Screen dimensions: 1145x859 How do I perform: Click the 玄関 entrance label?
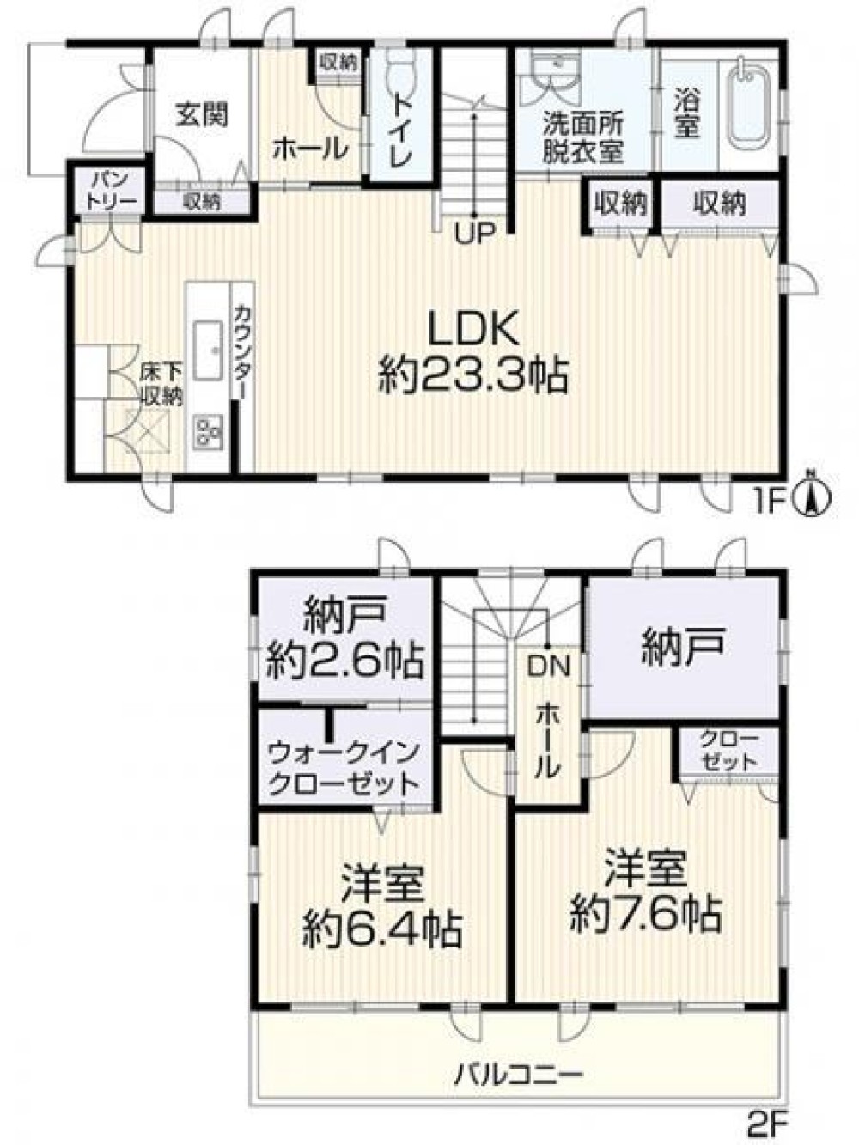click(202, 114)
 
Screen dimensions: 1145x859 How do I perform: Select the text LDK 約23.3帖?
click(473, 353)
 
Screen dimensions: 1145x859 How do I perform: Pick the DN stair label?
click(548, 665)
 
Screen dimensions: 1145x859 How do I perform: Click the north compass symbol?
click(814, 497)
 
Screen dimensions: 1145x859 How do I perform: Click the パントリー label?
click(109, 189)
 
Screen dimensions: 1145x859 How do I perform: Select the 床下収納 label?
click(161, 384)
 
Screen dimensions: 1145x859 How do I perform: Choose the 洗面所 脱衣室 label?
click(582, 137)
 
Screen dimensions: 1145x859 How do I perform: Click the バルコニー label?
click(519, 1073)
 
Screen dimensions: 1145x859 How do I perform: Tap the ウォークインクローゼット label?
click(344, 768)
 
